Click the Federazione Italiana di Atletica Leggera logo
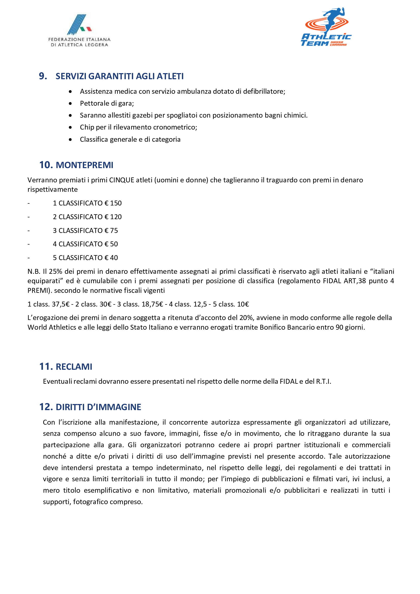(x=79, y=30)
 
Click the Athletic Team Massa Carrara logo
(x=326, y=27)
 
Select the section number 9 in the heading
(x=42, y=76)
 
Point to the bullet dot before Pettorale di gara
(x=70, y=103)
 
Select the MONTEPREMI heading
(x=84, y=165)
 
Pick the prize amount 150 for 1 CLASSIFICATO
(x=116, y=203)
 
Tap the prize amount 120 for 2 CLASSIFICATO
(x=116, y=217)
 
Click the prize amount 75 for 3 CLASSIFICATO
(x=114, y=231)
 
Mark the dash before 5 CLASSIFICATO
(x=29, y=258)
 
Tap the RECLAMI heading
(x=74, y=367)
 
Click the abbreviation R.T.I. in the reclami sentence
(x=323, y=382)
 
